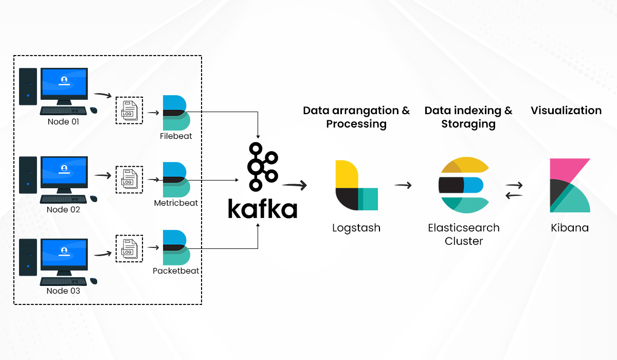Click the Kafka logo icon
[x=262, y=167]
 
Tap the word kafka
[x=262, y=209]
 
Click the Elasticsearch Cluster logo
[x=464, y=185]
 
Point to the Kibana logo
[x=570, y=185]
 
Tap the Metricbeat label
[x=176, y=203]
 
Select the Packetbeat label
[x=176, y=271]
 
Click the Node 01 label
[x=64, y=122]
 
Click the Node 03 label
[x=64, y=291]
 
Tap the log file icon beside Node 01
[x=129, y=110]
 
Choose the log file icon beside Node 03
[x=129, y=248]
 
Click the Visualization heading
[x=566, y=111]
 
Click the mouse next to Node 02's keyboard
[x=94, y=199]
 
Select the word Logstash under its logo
[x=356, y=228]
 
